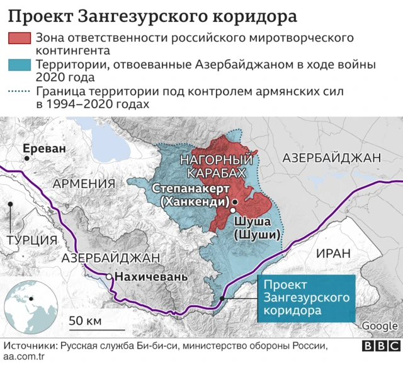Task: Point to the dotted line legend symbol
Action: click(x=20, y=92)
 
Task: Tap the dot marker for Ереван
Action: click(x=26, y=159)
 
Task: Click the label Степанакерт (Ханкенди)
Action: click(x=190, y=195)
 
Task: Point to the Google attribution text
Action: click(x=380, y=325)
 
